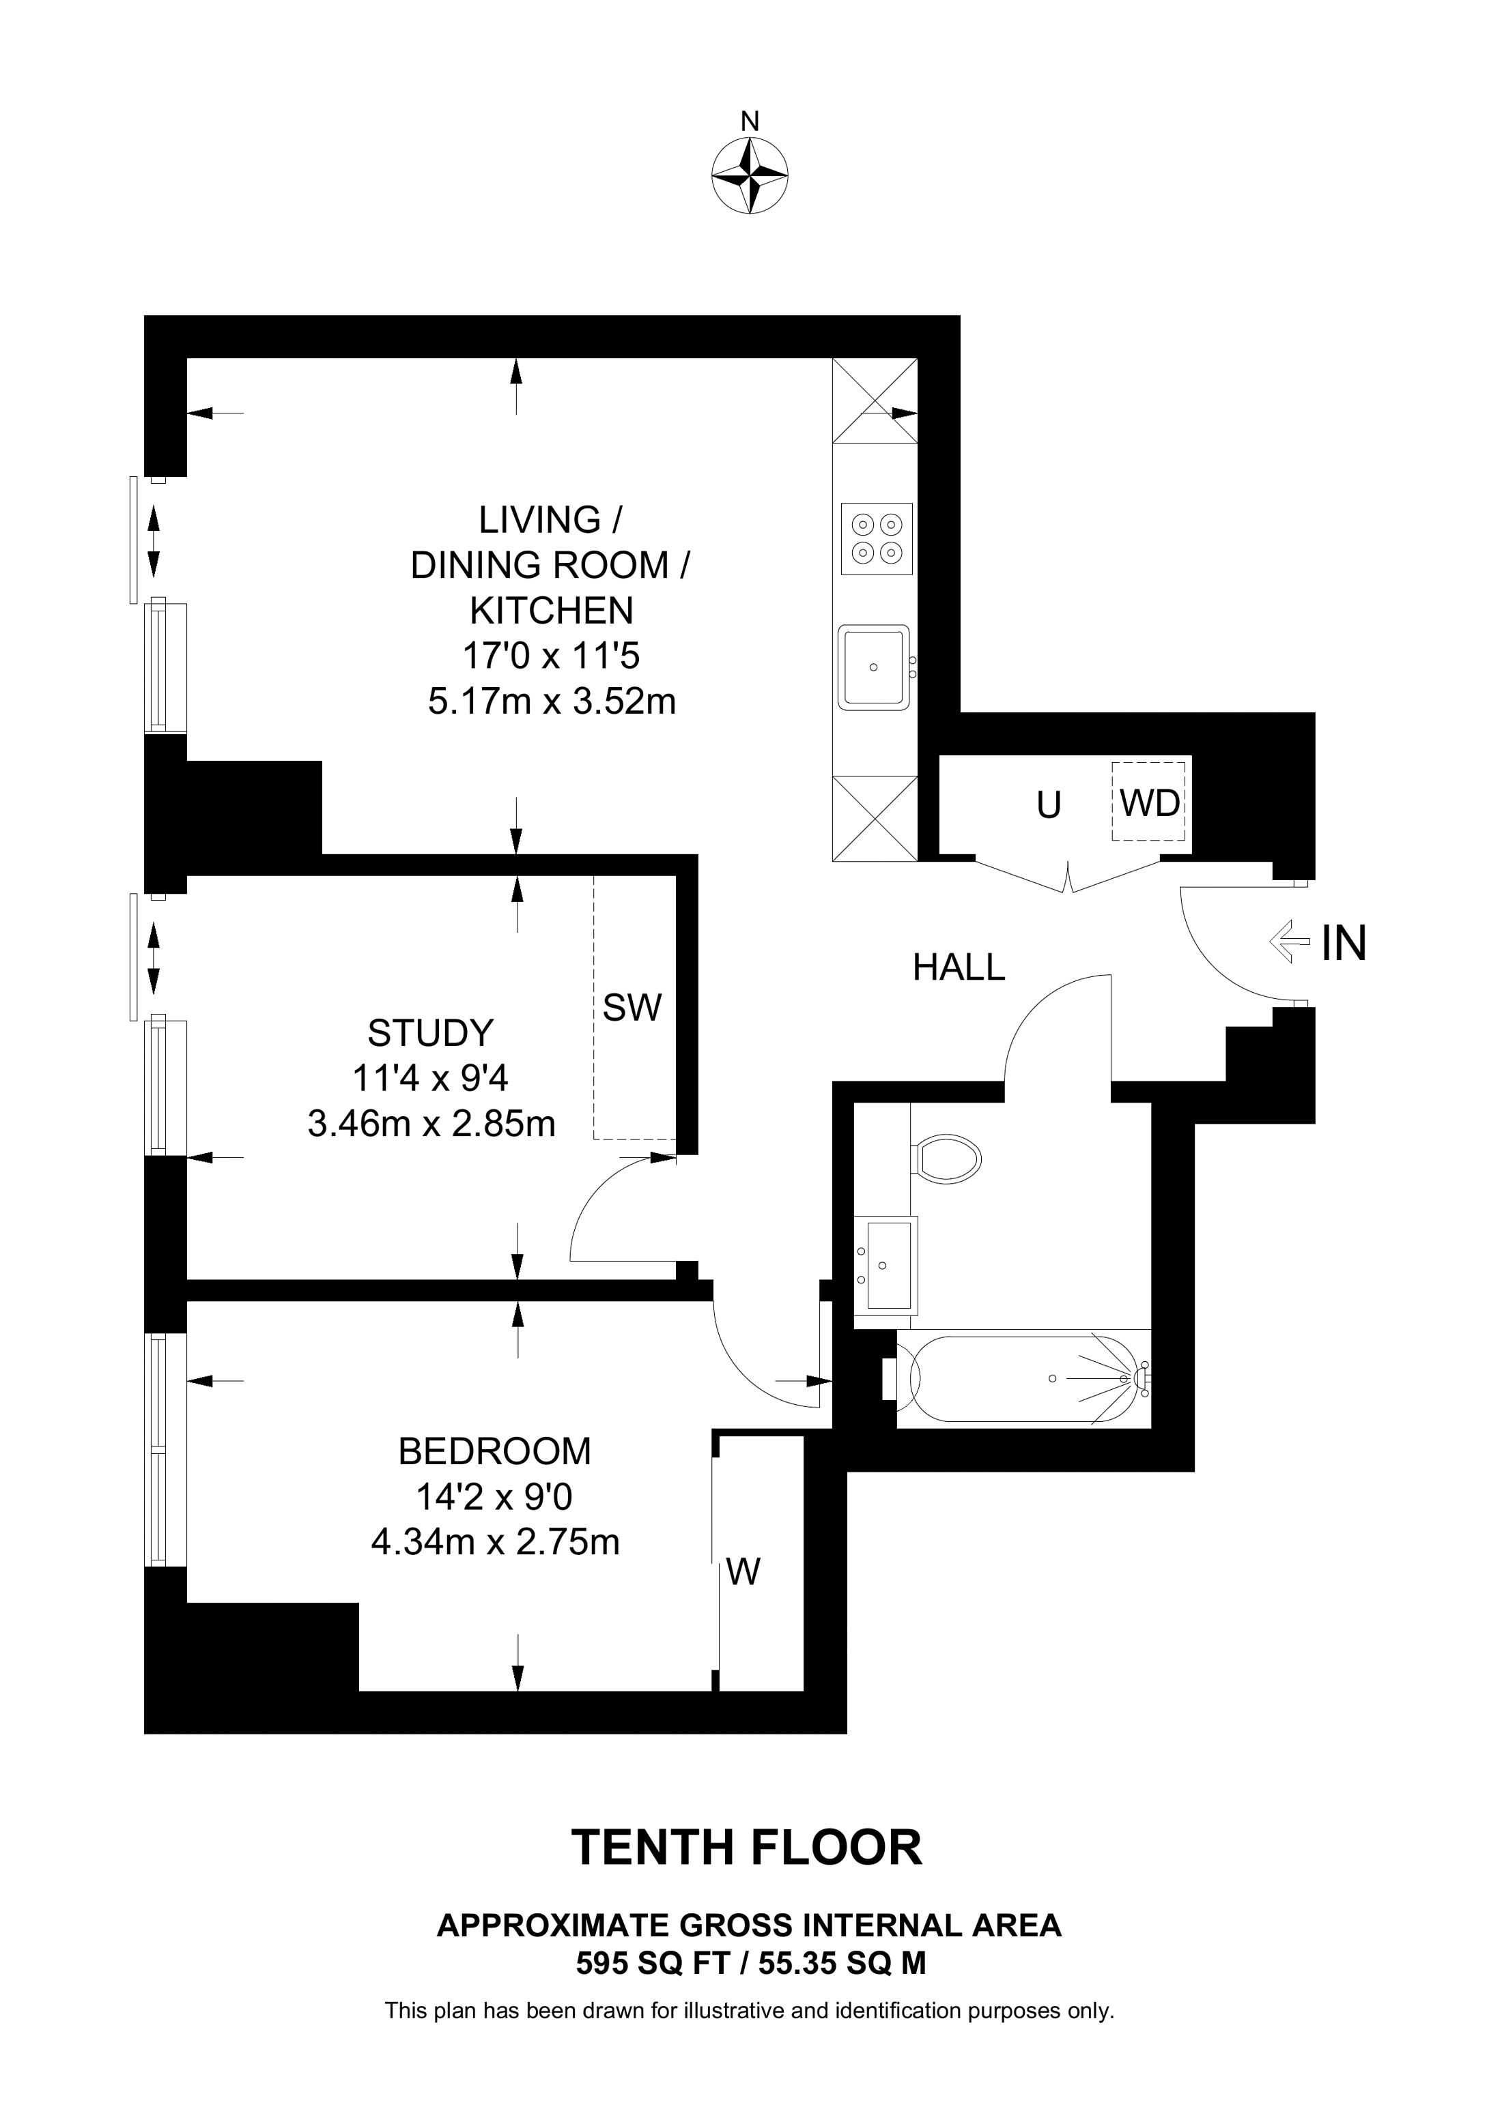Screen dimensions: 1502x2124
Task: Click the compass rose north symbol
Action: click(750, 176)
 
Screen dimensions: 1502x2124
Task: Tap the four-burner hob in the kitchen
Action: click(877, 538)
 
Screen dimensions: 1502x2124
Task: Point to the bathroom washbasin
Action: click(885, 1266)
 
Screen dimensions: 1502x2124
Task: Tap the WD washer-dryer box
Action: click(1150, 801)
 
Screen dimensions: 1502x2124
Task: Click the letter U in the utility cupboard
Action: click(1049, 806)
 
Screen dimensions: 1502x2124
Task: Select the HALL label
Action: click(959, 968)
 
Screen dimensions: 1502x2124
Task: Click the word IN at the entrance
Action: click(1344, 944)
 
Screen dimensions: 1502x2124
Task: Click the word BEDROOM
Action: click(494, 1451)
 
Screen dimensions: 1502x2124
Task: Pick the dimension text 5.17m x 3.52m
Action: click(552, 701)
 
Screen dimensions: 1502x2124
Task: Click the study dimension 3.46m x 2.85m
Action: click(431, 1123)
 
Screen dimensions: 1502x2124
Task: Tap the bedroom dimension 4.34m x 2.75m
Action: click(495, 1542)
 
